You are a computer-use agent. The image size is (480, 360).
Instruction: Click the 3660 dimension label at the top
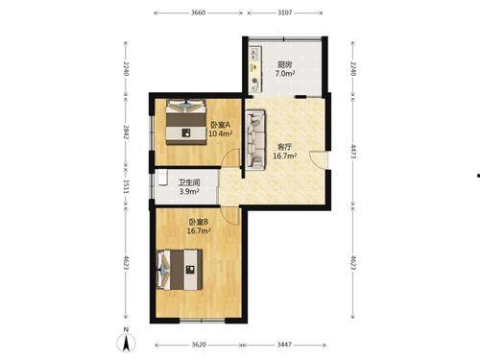[x=198, y=12]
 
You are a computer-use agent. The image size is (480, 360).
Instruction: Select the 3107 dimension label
[x=285, y=12]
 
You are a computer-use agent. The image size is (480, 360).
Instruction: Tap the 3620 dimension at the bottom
[x=199, y=345]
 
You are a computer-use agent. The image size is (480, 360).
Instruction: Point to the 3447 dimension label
[x=284, y=345]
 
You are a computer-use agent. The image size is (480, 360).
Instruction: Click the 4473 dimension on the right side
[x=353, y=152]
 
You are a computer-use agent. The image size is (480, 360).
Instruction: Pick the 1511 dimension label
[x=126, y=186]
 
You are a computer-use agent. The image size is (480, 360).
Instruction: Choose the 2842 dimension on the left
[x=126, y=132]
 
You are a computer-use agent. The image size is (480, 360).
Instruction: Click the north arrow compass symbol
[x=126, y=341]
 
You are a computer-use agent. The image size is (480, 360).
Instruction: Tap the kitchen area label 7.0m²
[x=285, y=73]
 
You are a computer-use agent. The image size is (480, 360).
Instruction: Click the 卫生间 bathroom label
[x=189, y=183]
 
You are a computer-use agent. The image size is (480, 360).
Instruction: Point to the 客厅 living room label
[x=284, y=148]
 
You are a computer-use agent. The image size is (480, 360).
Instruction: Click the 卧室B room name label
[x=199, y=222]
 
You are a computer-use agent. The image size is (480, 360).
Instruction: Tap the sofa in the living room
[x=255, y=139]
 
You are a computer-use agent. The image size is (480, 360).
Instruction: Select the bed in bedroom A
[x=185, y=122]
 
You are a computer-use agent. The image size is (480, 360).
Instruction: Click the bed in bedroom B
[x=180, y=270]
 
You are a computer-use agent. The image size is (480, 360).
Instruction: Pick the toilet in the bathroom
[x=162, y=178]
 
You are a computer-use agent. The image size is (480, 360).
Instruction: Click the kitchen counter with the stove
[x=255, y=69]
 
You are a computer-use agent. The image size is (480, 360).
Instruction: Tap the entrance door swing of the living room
[x=319, y=159]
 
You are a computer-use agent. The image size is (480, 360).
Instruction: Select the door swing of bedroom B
[x=230, y=216]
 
